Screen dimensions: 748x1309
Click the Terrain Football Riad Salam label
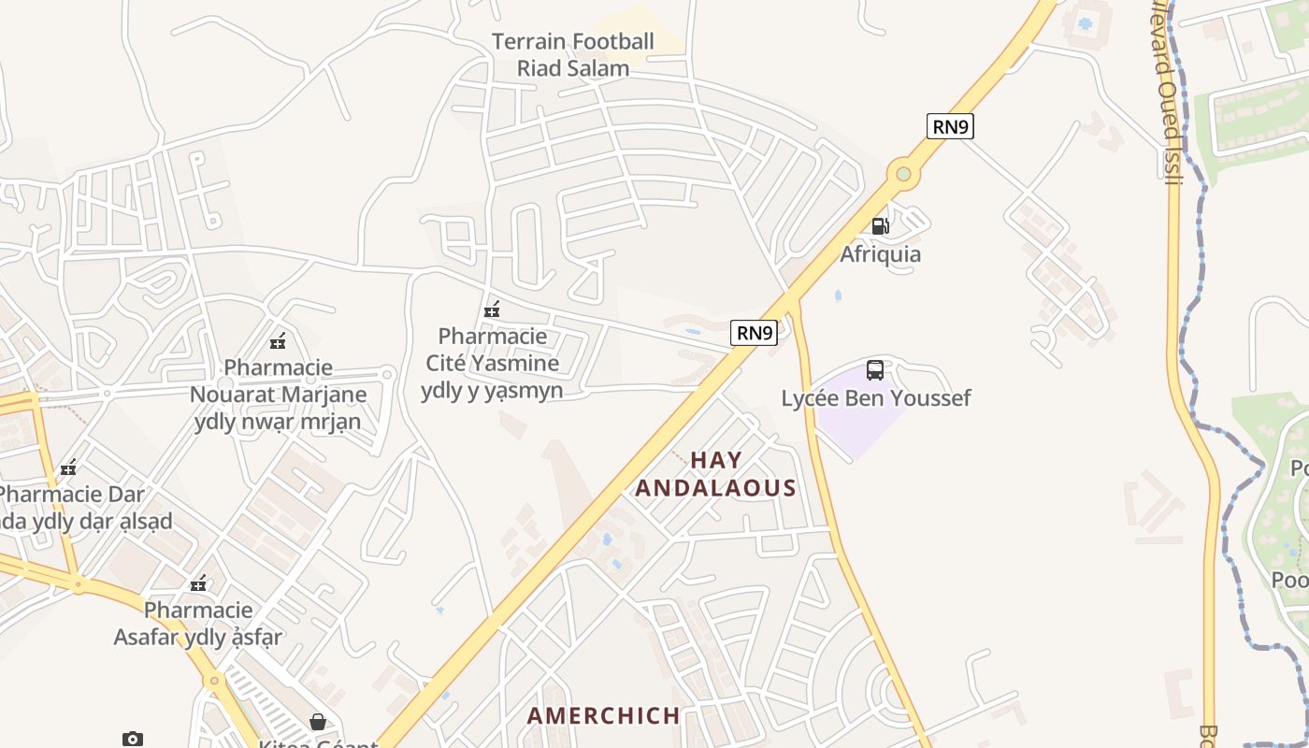(x=573, y=54)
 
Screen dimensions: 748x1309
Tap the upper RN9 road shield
(x=950, y=126)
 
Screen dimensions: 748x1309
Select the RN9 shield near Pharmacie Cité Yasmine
(x=754, y=332)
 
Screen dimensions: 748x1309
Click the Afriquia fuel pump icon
(x=880, y=225)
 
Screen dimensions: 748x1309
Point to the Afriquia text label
(x=880, y=254)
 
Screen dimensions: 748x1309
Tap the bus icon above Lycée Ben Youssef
(x=875, y=370)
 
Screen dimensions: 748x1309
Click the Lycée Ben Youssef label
(x=876, y=398)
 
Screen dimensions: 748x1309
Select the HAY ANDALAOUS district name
(x=716, y=474)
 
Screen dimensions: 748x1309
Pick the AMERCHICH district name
(x=604, y=716)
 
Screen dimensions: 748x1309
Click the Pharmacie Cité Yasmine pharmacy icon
(x=492, y=309)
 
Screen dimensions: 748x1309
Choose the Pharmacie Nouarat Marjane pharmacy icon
(x=278, y=341)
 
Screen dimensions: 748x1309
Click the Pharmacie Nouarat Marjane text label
(x=278, y=395)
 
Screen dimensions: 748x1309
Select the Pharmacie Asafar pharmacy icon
(x=198, y=584)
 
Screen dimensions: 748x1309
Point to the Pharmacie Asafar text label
(x=198, y=624)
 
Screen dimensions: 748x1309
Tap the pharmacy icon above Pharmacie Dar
(x=68, y=467)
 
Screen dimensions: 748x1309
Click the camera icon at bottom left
(x=133, y=739)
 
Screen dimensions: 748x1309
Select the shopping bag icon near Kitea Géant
(x=318, y=722)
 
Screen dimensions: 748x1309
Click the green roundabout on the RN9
(x=902, y=173)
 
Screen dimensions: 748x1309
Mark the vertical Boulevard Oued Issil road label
(x=1169, y=93)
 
